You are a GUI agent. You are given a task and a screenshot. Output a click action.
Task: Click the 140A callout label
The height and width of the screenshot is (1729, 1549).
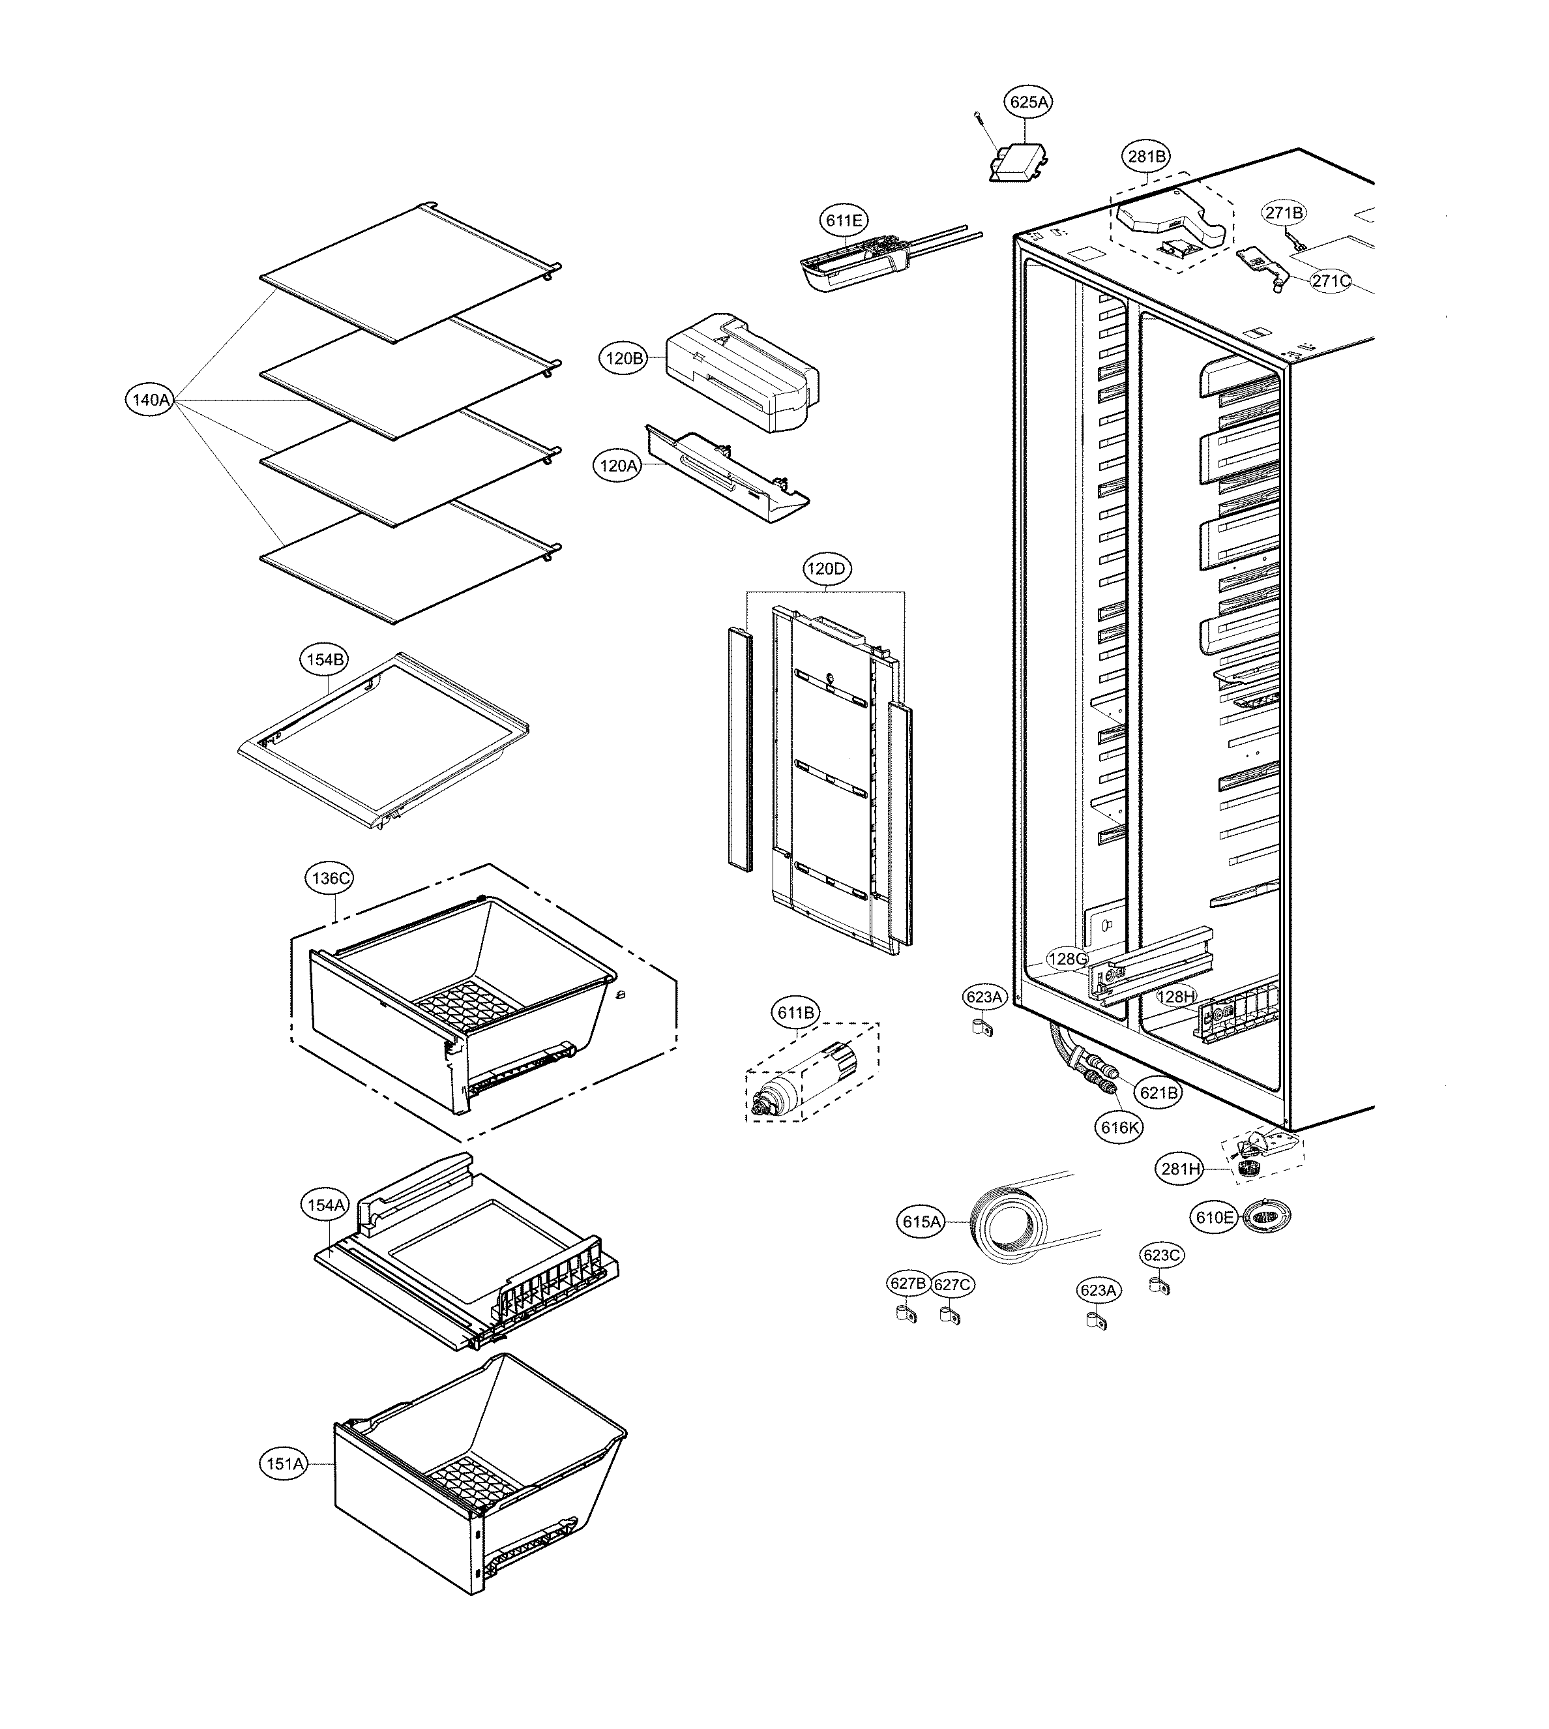pos(150,399)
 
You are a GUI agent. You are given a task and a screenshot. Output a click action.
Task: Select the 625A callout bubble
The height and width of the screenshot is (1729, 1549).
pos(1028,103)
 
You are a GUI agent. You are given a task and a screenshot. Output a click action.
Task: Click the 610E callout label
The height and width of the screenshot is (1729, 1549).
pos(1215,1218)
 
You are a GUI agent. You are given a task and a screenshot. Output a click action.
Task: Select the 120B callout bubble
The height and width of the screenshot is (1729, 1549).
pos(625,359)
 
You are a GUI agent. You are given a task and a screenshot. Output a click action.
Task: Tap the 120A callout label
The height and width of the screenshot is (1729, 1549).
pos(618,466)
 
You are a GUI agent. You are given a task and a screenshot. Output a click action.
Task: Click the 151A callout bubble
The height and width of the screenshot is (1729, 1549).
pos(284,1464)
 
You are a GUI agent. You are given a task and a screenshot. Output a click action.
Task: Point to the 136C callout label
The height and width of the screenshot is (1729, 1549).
pos(331,878)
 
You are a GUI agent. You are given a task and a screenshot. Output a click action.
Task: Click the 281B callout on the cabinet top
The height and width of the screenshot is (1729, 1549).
pos(1147,157)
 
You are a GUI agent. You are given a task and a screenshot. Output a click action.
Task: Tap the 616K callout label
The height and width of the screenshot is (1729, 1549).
pos(1119,1128)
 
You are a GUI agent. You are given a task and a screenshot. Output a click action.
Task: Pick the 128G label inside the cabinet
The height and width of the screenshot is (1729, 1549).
pos(1067,959)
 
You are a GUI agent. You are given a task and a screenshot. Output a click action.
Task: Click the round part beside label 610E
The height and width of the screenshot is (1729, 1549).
pos(1265,1218)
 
